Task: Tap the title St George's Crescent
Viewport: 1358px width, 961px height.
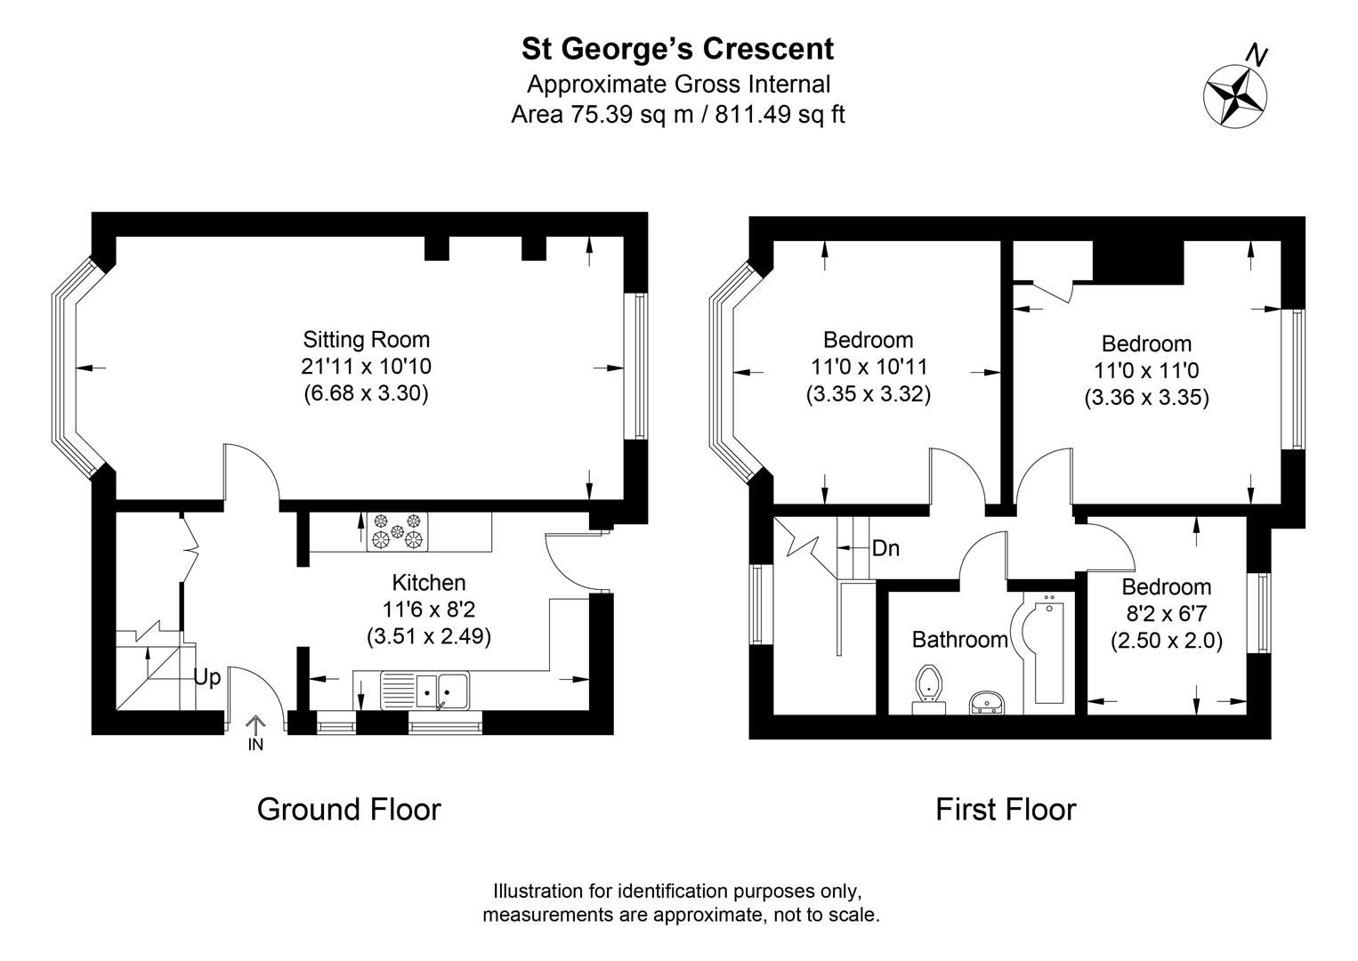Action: (678, 49)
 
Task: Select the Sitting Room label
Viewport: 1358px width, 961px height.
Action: (367, 339)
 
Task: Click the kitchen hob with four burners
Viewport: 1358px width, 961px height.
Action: (397, 530)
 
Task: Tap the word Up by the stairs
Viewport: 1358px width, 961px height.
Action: (207, 677)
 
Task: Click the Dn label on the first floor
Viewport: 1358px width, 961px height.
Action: (885, 548)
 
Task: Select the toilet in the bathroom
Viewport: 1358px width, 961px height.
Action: (928, 690)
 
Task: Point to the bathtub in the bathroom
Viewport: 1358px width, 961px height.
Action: (1047, 654)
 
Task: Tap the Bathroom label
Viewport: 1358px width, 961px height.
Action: (960, 639)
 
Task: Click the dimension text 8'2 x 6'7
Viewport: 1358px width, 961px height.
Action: (1167, 614)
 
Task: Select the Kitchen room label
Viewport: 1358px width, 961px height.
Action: (429, 583)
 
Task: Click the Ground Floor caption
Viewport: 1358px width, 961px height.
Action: (349, 810)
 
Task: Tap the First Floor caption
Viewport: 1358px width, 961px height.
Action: (1006, 810)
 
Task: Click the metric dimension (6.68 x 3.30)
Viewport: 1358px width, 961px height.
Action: (367, 393)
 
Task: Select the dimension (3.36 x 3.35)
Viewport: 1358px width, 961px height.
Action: (1146, 398)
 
